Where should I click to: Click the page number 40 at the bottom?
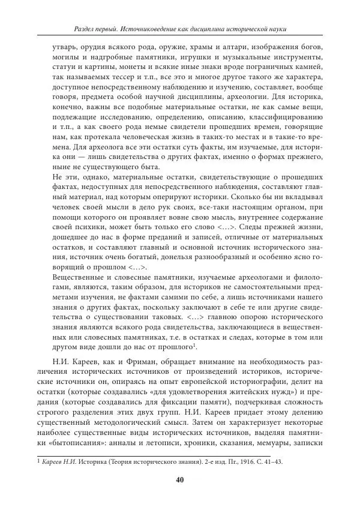[179, 479]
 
